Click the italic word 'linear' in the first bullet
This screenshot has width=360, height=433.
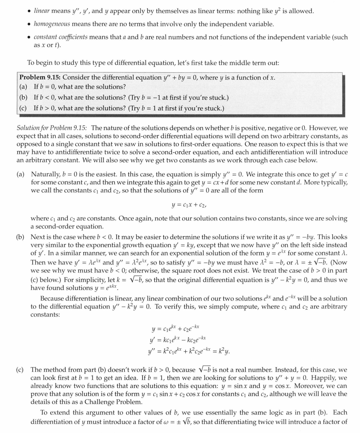pos(42,11)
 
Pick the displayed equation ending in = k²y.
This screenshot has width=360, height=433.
pos(189,352)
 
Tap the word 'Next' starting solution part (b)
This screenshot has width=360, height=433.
pos(37,237)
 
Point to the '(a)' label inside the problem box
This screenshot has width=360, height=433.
pos(23,87)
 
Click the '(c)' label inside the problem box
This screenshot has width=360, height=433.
pos(23,108)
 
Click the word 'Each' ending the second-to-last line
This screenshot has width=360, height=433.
pos(340,413)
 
